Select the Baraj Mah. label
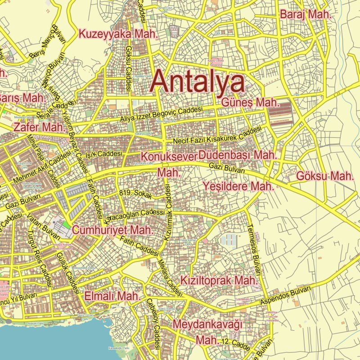[306, 14]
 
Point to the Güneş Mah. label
[251, 103]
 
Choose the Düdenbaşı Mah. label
[237, 155]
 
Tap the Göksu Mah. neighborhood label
[325, 176]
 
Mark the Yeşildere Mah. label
[238, 186]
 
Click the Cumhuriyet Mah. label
[113, 230]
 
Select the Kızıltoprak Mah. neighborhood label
[219, 280]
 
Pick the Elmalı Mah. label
[112, 296]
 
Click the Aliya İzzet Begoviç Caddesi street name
[161, 115]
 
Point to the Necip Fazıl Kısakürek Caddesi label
[217, 136]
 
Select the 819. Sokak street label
[136, 193]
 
